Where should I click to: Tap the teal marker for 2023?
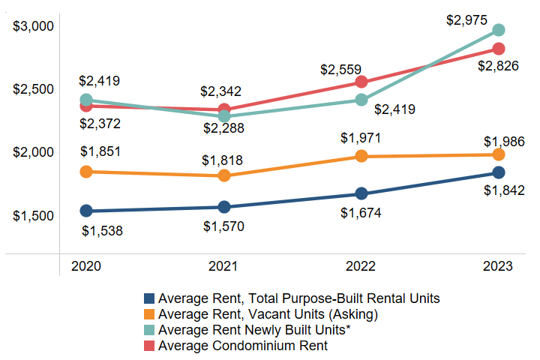[498, 30]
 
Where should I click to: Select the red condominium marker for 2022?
[361, 82]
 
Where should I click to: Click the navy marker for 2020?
[86, 211]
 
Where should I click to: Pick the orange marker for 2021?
[224, 175]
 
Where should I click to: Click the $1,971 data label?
[361, 138]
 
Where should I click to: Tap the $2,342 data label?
[223, 91]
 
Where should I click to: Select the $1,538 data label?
[102, 230]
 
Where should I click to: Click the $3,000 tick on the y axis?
[34, 26]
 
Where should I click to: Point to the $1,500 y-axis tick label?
[34, 216]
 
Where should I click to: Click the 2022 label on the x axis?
[361, 267]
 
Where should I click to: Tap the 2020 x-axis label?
[86, 267]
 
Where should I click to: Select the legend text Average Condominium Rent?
[243, 346]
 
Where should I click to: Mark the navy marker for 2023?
[498, 173]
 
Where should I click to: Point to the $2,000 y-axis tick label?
[34, 152]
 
